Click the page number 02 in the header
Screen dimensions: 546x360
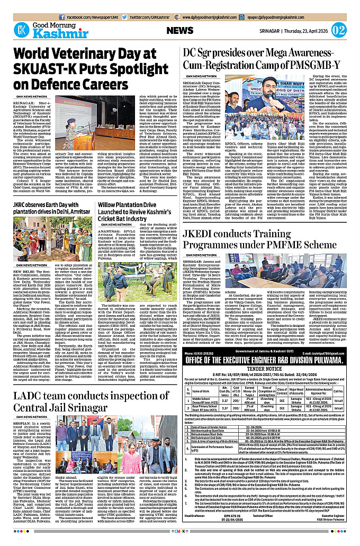coord(339,29)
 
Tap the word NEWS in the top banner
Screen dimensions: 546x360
coord(183,30)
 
